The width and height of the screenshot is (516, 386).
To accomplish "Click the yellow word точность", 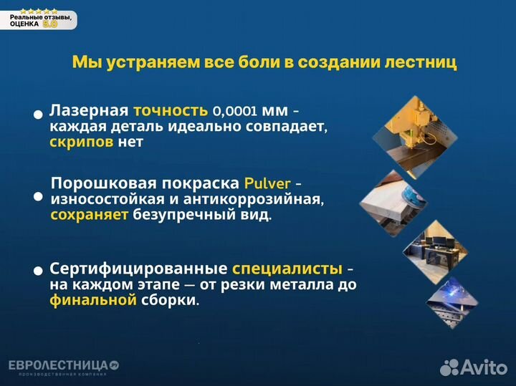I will [x=170, y=111].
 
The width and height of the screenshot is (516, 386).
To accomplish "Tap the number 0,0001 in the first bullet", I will [x=235, y=112].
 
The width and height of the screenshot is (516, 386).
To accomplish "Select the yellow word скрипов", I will [x=82, y=142].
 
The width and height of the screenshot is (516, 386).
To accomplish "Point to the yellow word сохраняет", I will [x=90, y=214].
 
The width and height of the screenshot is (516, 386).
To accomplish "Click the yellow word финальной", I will [x=92, y=300].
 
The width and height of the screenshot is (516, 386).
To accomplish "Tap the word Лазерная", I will [x=89, y=111].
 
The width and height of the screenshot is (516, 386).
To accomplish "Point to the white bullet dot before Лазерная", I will [x=38, y=115].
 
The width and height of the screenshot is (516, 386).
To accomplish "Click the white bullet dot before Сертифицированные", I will [x=38, y=271].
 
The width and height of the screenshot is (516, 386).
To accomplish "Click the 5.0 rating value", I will [x=50, y=24].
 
